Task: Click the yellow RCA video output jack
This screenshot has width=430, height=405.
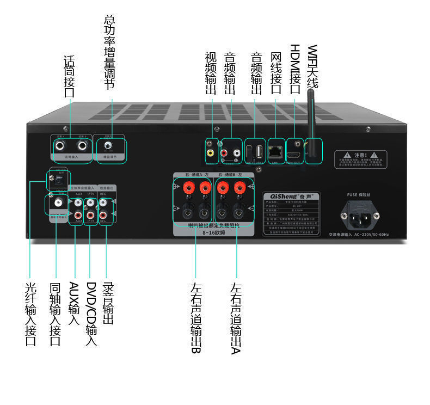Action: tap(210, 154)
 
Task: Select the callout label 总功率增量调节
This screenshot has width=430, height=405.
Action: tap(109, 52)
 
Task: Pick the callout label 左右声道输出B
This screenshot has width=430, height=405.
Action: tap(196, 318)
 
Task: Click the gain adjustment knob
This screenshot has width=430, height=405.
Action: tap(108, 146)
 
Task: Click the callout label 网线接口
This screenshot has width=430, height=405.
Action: tap(275, 73)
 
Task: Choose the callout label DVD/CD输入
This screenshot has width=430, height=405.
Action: tap(91, 314)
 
